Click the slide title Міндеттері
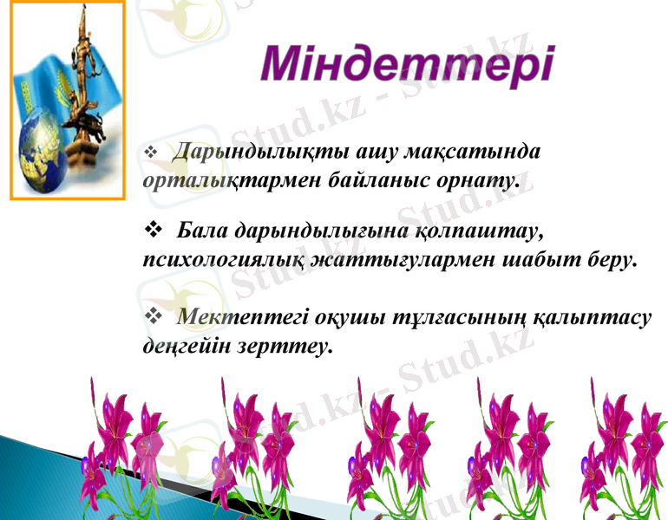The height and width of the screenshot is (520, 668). tap(407, 66)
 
